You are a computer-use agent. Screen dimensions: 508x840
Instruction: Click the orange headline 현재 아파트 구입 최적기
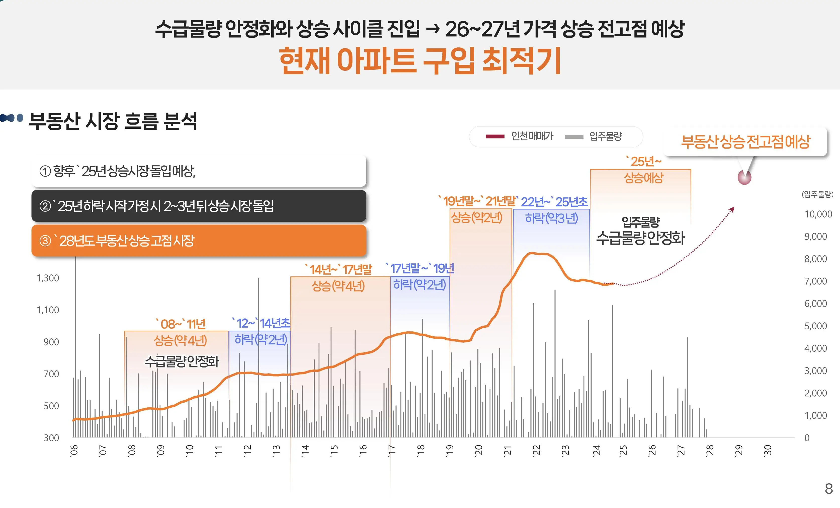420,61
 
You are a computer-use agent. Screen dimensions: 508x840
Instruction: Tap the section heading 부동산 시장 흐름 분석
113,121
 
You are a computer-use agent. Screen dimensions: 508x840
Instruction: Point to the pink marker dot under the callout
744,177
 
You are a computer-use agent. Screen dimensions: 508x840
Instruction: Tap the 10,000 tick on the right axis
818,214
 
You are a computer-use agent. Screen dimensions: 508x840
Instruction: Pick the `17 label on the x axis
392,450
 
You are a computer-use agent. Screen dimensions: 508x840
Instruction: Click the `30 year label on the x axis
767,450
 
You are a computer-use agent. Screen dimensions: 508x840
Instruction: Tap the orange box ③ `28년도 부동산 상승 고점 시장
199,241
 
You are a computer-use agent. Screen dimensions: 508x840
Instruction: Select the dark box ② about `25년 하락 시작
199,206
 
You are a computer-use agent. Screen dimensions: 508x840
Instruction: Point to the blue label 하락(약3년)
551,218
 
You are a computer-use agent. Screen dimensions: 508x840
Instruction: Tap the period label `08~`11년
181,324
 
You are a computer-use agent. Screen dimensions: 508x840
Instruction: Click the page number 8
829,488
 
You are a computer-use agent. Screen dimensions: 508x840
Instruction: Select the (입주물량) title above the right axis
817,194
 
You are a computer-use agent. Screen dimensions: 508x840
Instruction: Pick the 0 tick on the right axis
807,438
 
